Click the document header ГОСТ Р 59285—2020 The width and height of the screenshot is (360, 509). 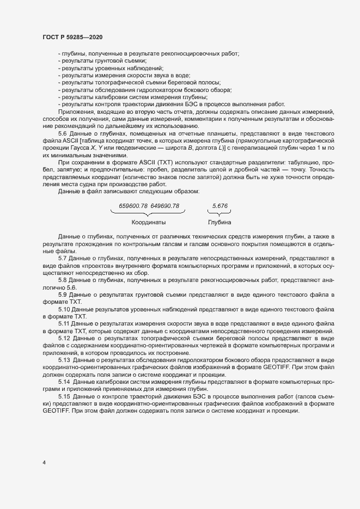tap(72, 38)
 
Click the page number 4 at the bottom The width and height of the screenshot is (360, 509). tap(44, 463)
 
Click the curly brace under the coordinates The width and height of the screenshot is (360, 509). tap(148, 213)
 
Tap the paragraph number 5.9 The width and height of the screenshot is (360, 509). tap(62, 295)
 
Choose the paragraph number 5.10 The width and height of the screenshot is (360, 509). tap(63, 309)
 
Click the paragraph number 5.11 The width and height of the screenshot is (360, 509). tap(63, 323)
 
